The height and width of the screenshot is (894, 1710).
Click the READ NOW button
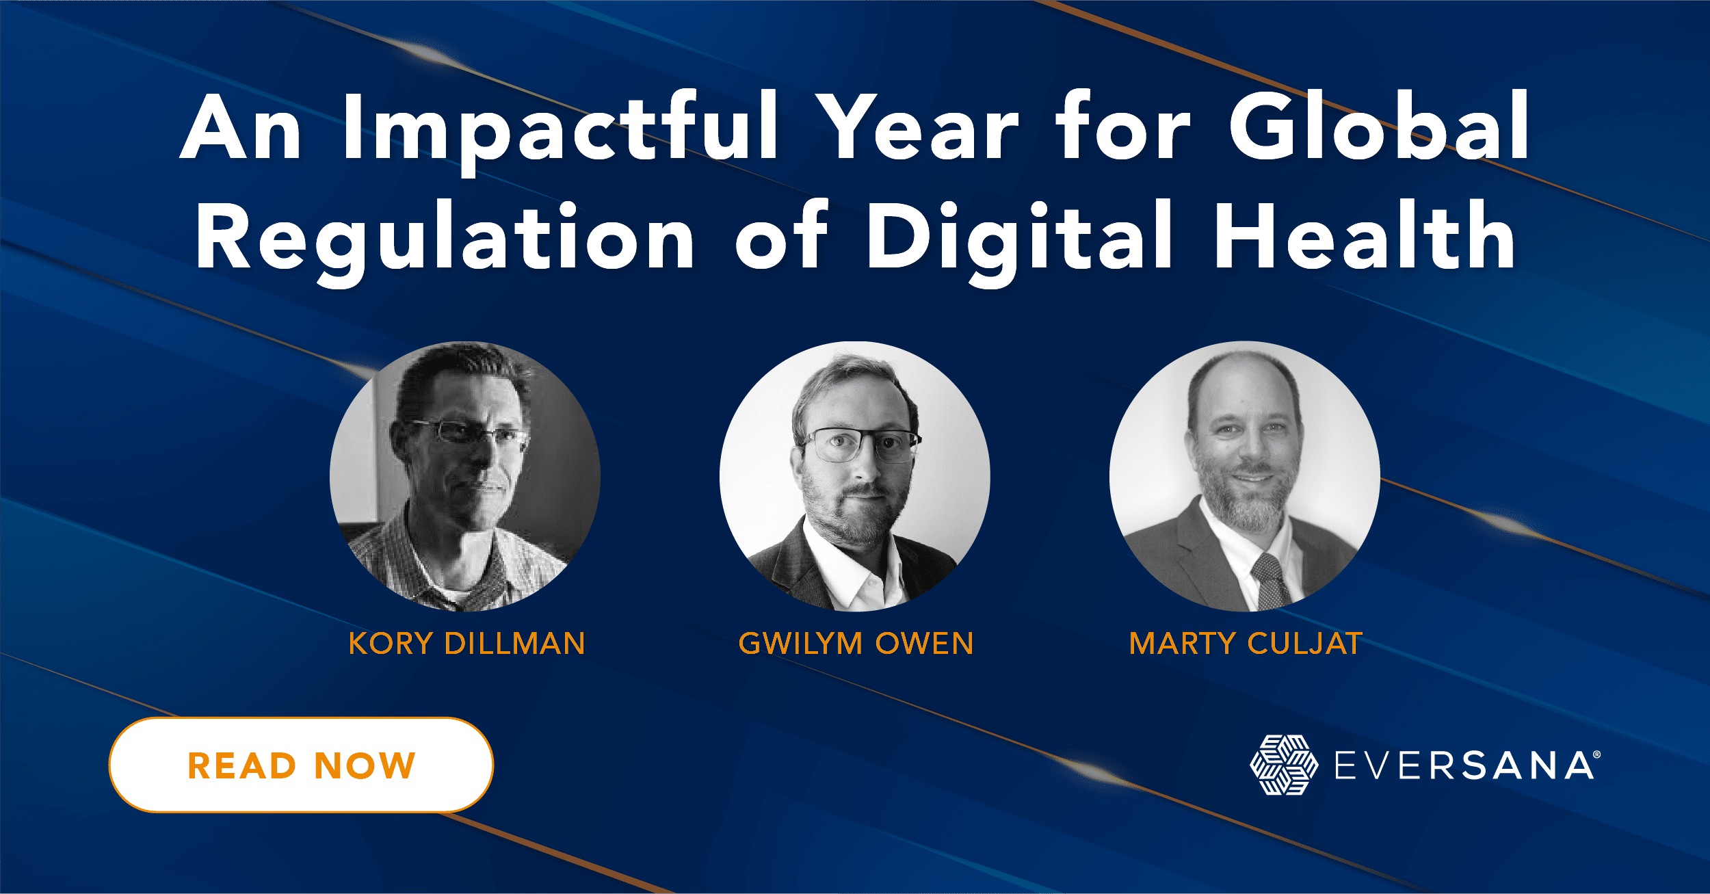301,765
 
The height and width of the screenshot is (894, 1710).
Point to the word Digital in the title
1019,239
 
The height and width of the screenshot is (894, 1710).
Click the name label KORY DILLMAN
466,644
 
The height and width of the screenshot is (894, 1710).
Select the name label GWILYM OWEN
856,644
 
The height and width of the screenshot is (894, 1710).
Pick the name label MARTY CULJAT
1246,644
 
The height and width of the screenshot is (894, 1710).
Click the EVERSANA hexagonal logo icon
1284,765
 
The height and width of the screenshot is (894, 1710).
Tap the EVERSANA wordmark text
1464,766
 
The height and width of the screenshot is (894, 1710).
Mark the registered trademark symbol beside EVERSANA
1596,755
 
